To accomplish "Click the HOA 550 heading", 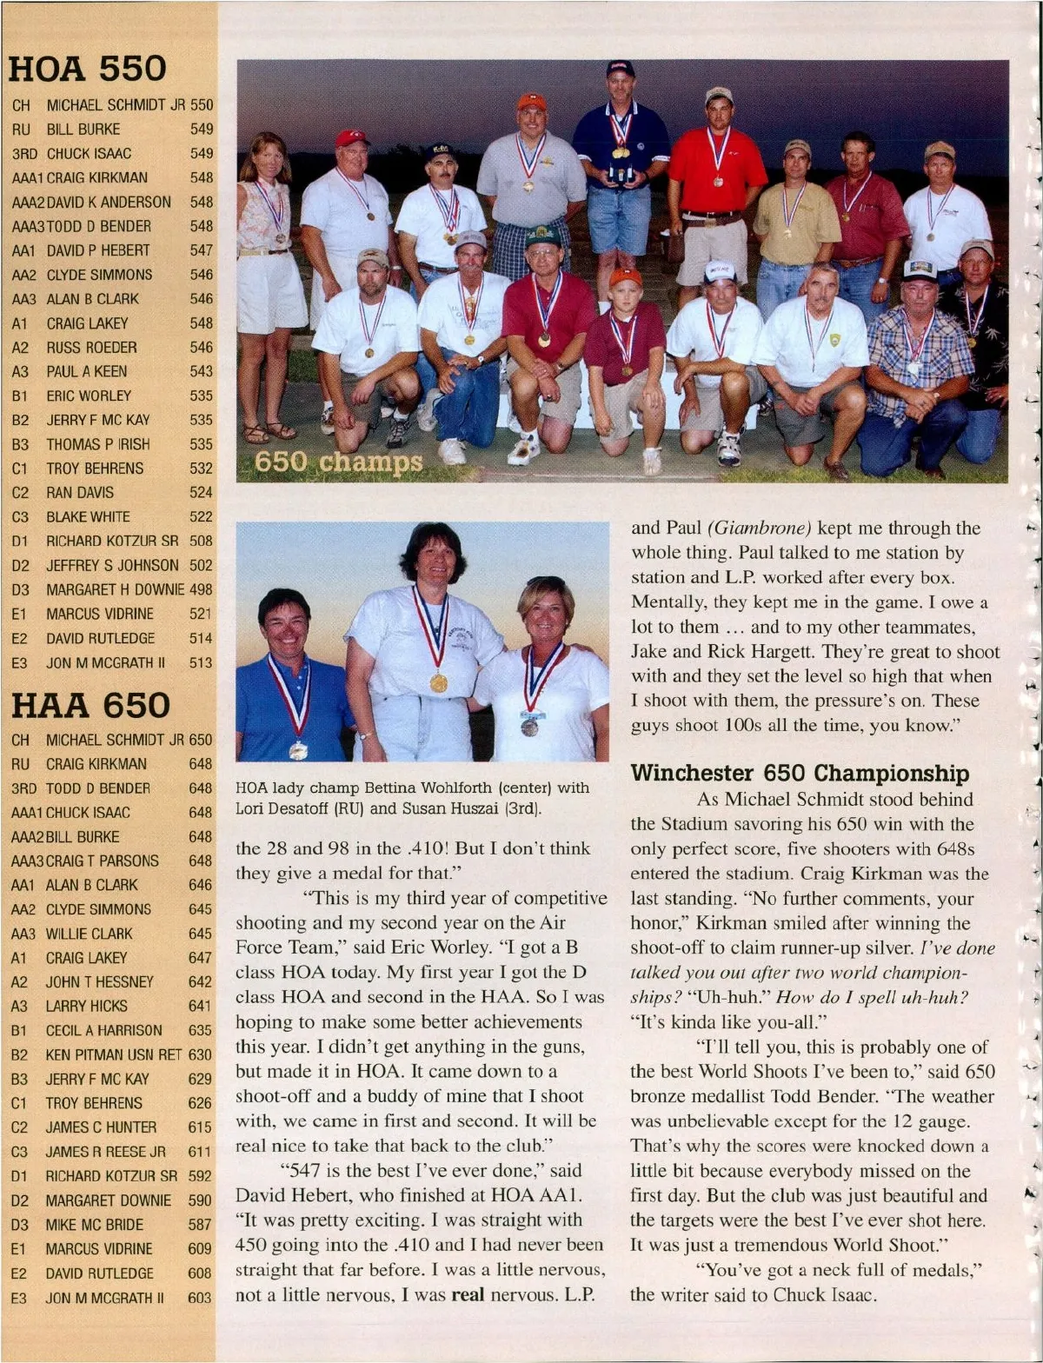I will coord(87,70).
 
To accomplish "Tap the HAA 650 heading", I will coord(90,705).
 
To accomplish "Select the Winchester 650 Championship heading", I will coord(800,773).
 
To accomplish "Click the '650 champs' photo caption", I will coord(338,462).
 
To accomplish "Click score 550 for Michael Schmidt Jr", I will coord(202,105).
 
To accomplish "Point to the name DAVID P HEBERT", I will coord(98,250).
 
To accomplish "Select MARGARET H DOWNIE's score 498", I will coord(201,589).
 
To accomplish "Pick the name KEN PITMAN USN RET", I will coord(113,1054).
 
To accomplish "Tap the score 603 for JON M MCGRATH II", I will coord(200,1298).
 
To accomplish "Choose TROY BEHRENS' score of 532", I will coord(201,469).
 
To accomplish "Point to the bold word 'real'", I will coord(468,1294).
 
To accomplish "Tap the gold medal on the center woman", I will coord(439,682).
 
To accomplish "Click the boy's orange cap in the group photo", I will coord(625,277).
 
